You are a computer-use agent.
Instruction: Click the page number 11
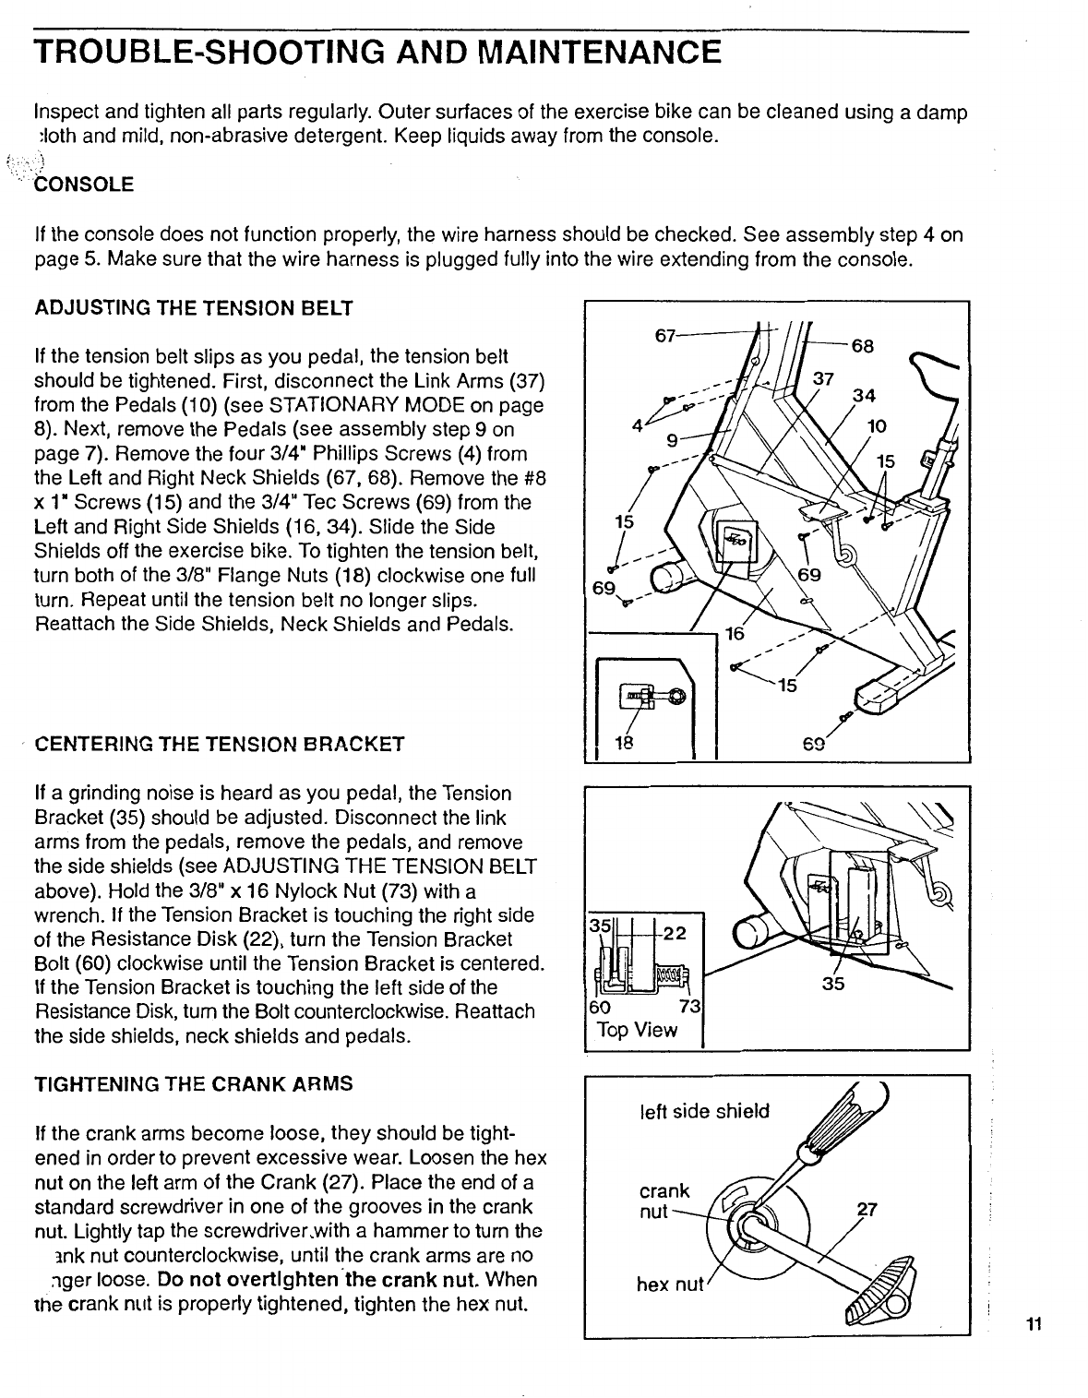1033,1325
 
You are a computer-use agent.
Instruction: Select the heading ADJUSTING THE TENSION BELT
193,308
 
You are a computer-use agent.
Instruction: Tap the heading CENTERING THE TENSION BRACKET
219,743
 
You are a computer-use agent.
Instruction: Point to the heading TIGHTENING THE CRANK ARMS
193,1083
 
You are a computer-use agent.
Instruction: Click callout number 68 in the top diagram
862,347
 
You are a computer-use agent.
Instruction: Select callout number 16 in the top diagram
735,634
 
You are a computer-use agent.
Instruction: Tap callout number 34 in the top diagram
863,396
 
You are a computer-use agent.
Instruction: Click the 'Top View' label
637,1030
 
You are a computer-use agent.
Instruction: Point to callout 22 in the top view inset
675,933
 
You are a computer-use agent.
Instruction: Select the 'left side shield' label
703,1111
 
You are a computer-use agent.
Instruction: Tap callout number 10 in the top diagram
877,425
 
